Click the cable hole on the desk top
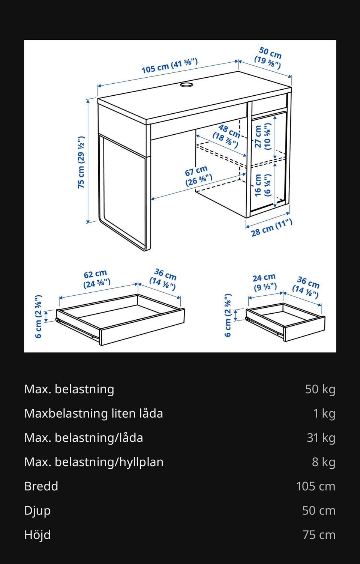[186, 84]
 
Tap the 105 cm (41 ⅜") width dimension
[169, 66]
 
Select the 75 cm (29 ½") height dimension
[81, 162]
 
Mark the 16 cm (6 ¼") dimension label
[262, 185]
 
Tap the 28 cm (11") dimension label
[272, 228]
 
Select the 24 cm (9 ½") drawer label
[265, 283]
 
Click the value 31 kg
[321, 438]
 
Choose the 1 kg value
[324, 414]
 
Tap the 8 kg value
[324, 462]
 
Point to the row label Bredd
[41, 486]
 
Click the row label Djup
[37, 511]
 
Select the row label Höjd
[37, 535]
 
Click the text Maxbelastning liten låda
[94, 414]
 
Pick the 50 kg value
[320, 389]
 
